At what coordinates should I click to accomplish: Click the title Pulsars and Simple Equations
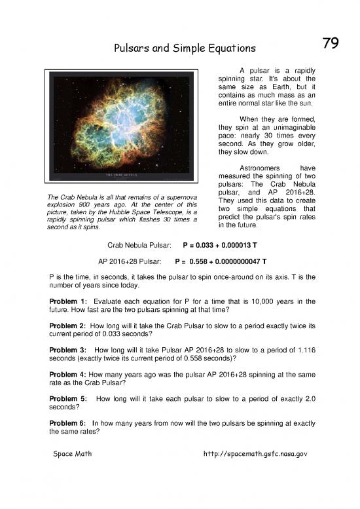coord(185,49)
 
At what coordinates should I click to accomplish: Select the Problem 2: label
coord(67,326)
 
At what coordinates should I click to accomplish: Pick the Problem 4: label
coord(67,375)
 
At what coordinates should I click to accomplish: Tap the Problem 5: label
coord(67,399)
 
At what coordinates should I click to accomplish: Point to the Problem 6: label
coord(67,424)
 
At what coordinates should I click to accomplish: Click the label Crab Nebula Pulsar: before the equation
coord(139,244)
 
